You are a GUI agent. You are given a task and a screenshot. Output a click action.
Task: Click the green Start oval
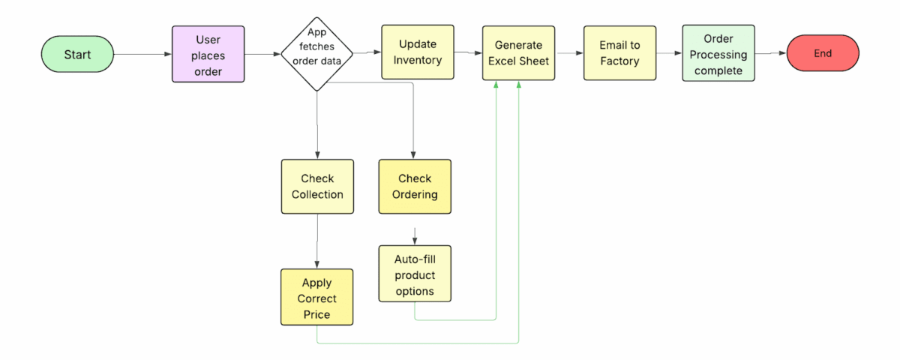tap(77, 55)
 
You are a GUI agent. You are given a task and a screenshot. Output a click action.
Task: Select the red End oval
tap(822, 53)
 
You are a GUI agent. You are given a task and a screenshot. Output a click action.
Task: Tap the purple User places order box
tap(208, 55)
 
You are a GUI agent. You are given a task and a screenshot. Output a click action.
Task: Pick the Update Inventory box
tap(418, 52)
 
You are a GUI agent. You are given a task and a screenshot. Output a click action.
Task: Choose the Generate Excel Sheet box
tap(518, 53)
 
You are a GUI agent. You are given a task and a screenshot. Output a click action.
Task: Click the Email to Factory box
tap(619, 53)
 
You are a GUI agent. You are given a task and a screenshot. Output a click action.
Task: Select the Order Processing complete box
tap(718, 54)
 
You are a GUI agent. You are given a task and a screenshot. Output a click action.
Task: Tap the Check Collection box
tap(317, 187)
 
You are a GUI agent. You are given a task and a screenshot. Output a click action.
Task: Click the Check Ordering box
tap(415, 187)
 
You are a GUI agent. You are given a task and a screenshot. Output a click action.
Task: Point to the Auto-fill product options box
tap(415, 274)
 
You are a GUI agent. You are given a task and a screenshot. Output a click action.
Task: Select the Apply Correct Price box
tap(316, 298)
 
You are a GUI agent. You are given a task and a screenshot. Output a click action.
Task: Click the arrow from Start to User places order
tap(142, 55)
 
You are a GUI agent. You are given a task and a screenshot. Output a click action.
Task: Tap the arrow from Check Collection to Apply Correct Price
tap(317, 241)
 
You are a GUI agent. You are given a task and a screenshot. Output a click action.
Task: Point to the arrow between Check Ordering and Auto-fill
tap(415, 234)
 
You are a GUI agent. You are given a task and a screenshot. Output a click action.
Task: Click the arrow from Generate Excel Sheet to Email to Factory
tap(570, 53)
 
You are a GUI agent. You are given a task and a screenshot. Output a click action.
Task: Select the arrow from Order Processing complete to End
tap(770, 53)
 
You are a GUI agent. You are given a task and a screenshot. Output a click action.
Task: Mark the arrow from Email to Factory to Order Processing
tap(669, 53)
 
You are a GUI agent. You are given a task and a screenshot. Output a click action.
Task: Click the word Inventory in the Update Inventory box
tap(418, 61)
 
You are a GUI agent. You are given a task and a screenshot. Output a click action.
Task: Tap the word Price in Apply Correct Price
tap(316, 314)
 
